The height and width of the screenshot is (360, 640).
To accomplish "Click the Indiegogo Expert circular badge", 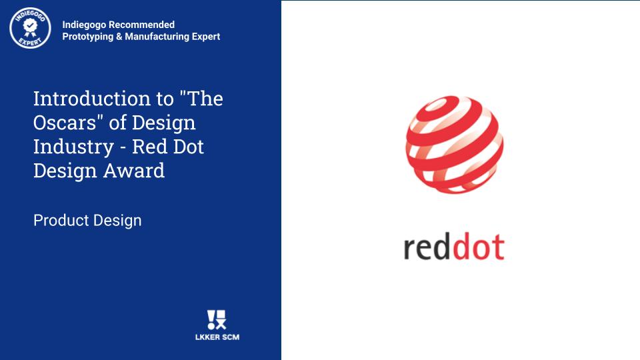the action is (x=30, y=28).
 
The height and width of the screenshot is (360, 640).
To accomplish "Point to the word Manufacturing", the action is (x=157, y=37).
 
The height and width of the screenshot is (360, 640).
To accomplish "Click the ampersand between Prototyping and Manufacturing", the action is (x=119, y=36).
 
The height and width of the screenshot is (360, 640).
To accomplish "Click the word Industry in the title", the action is (x=73, y=147).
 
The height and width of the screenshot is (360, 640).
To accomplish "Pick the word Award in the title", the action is (x=134, y=170).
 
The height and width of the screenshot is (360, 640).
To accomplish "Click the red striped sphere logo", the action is (x=454, y=145).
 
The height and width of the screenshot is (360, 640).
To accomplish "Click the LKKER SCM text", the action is (x=217, y=337).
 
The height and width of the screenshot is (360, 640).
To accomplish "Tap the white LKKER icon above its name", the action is (x=217, y=319).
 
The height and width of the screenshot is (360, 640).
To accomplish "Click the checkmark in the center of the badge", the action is (x=30, y=25).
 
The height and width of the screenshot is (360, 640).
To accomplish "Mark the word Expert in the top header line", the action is (x=206, y=37).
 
